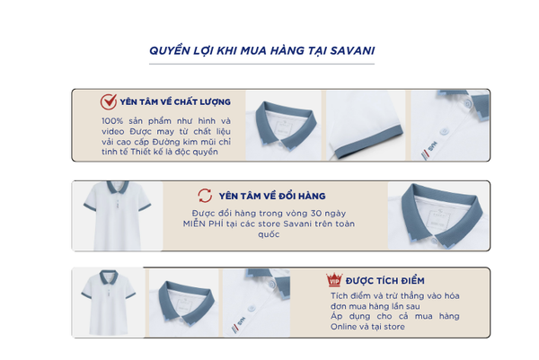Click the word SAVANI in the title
(352, 50)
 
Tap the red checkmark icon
(109, 101)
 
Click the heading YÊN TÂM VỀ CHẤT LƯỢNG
(175, 102)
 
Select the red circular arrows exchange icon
(205, 196)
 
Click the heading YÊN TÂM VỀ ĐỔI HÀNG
(272, 196)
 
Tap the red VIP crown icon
(334, 280)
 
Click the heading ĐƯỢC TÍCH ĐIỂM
(385, 281)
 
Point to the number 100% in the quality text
(112, 121)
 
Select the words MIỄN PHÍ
(203, 224)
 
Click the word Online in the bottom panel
(343, 327)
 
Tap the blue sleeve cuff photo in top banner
(366, 126)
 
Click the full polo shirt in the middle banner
(117, 215)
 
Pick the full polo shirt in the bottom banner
(109, 303)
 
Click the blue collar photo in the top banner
(284, 126)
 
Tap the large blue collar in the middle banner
(439, 215)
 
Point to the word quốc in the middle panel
(269, 234)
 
